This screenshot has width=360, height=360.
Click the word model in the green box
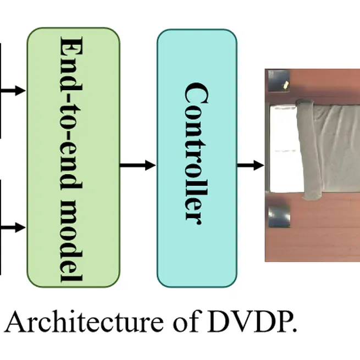tap(73, 241)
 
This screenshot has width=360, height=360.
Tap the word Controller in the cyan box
tap(196, 152)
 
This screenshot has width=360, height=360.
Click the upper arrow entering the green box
tap(13, 90)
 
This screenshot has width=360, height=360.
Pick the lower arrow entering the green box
tap(13, 227)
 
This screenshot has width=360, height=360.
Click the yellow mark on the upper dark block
tap(286, 85)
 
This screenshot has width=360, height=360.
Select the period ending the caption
tap(294, 331)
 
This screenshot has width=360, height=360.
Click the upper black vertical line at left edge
tap(1, 91)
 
